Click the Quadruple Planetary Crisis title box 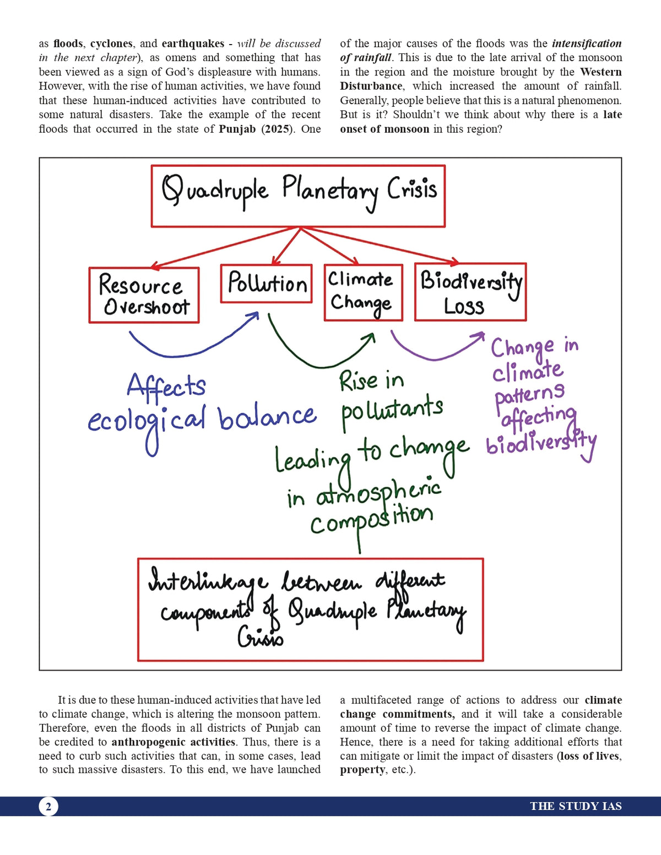coord(298,196)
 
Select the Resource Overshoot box coord(144,295)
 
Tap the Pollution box coord(266,284)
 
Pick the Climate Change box coord(363,292)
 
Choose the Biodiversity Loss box coord(470,292)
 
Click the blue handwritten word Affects coord(166,386)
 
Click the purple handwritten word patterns coord(529,394)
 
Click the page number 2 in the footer coord(48,807)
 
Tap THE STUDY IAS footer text coord(576,807)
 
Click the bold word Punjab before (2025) coord(237,129)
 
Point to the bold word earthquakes coord(193,43)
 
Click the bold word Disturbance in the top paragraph coord(371,86)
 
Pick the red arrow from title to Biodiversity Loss coord(386,246)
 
